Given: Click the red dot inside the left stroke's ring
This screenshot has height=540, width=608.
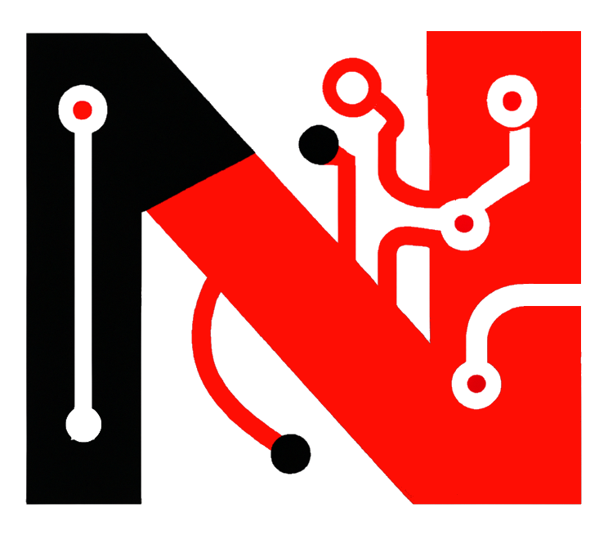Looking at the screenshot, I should click(x=82, y=109).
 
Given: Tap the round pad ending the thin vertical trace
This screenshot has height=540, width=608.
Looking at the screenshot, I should click(x=83, y=425).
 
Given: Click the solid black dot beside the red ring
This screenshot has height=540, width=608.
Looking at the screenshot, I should click(x=317, y=145).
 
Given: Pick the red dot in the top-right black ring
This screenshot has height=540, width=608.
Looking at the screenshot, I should click(x=512, y=101).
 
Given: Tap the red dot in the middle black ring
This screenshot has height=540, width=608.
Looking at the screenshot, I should click(x=463, y=223).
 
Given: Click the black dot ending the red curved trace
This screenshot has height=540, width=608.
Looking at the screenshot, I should click(x=290, y=453).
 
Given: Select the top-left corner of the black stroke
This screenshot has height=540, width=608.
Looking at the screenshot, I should click(x=28, y=34).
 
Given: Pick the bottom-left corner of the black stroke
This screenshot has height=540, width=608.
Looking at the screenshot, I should click(x=28, y=502).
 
